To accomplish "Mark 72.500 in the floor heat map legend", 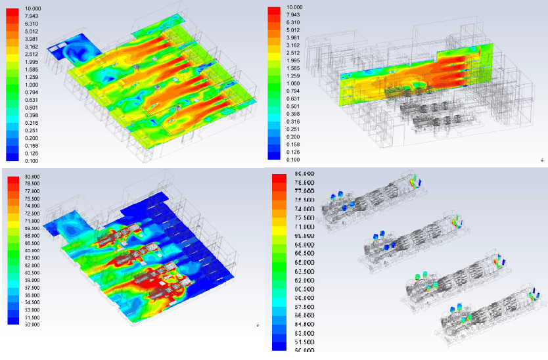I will (x=32, y=214).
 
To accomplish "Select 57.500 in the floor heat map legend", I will (x=32, y=287).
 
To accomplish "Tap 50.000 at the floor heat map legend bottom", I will (x=32, y=324).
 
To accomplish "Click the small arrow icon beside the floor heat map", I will (x=257, y=325).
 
